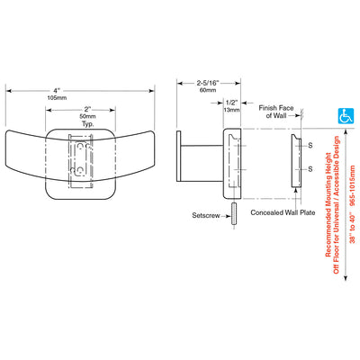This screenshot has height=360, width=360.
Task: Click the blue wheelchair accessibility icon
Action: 346,116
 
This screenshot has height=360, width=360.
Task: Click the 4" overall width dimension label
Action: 57,90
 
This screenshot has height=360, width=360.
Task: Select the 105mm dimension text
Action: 57,98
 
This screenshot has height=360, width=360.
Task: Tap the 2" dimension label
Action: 87,110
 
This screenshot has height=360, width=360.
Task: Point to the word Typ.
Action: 87,123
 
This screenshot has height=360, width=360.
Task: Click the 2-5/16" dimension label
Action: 208,83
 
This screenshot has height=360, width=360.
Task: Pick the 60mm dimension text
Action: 208,90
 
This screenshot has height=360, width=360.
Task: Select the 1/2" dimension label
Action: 231,103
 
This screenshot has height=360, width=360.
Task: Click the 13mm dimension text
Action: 231,110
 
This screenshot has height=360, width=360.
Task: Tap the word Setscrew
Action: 206,215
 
